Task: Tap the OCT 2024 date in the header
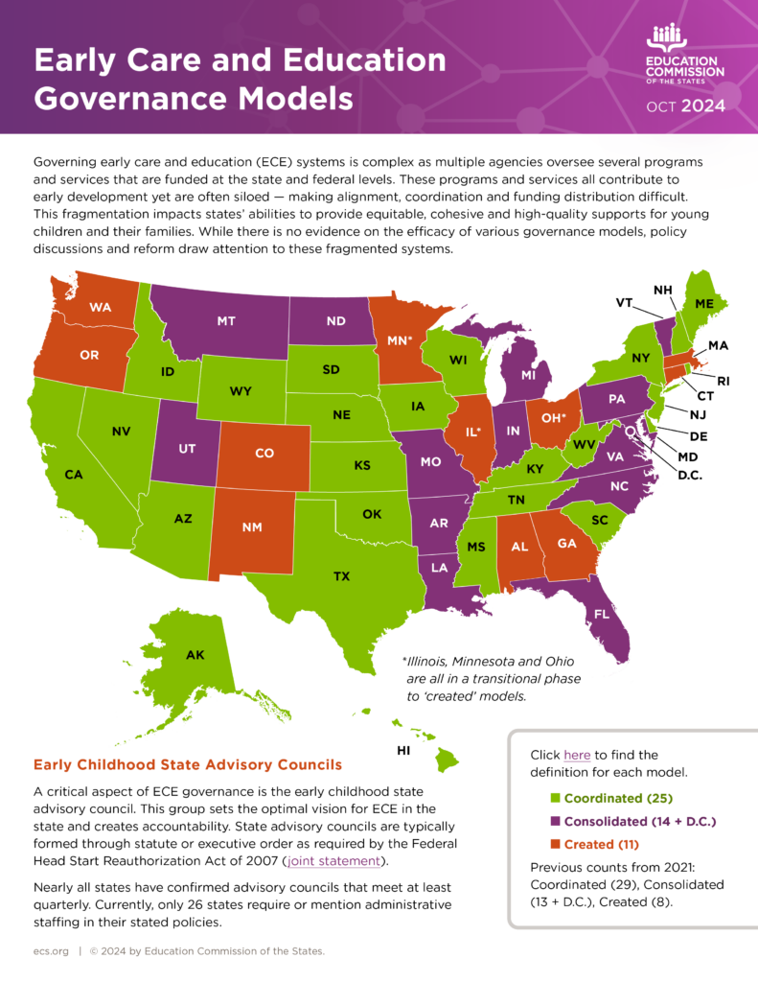pos(686,106)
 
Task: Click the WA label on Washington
pos(101,307)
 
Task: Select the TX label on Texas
pos(341,576)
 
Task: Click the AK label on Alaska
pos(195,655)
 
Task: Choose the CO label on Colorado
pos(264,454)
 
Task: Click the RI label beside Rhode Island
pos(723,381)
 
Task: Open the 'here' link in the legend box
pos(578,755)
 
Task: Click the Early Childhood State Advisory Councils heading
pos(187,764)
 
